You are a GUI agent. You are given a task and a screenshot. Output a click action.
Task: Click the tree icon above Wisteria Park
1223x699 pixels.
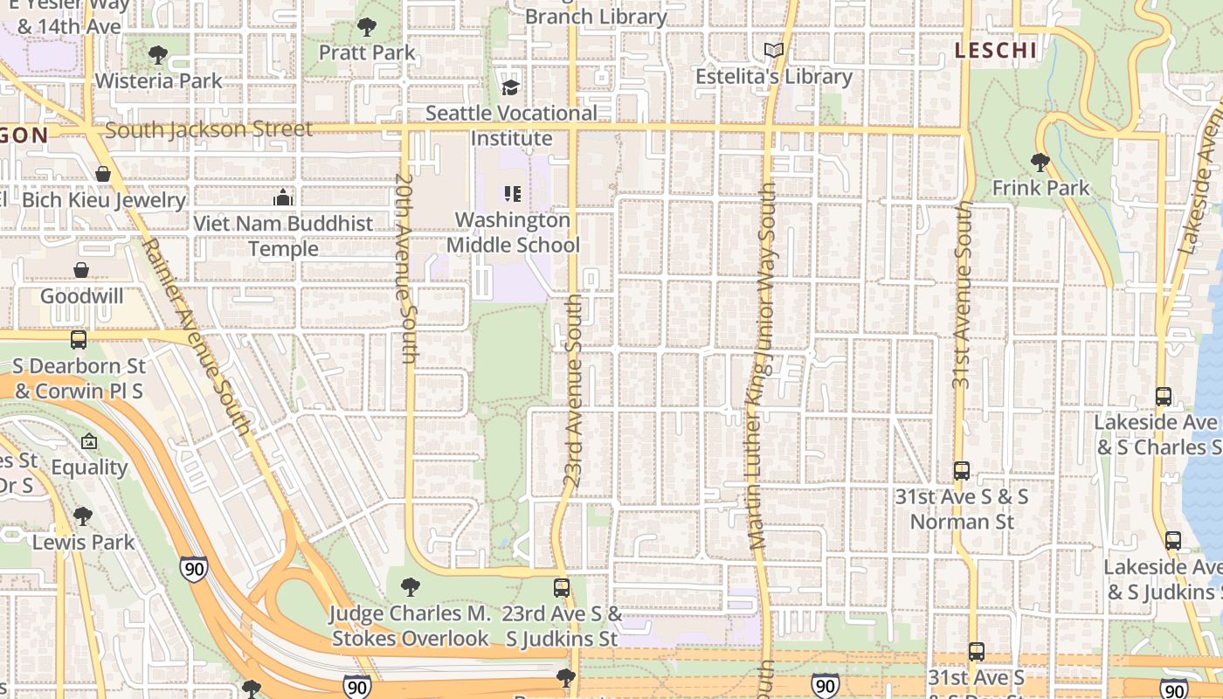coord(158,55)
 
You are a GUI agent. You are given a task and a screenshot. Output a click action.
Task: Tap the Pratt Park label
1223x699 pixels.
coord(367,52)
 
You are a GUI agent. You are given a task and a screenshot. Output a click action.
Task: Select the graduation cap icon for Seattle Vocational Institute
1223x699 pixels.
coord(511,87)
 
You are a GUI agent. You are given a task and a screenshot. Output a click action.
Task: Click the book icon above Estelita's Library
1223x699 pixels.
coord(774,51)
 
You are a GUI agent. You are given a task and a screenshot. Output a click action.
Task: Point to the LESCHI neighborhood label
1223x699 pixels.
coord(996,51)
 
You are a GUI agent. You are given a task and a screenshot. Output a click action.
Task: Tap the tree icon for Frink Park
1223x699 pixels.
coord(1040,162)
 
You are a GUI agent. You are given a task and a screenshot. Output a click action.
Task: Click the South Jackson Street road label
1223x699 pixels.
coord(208,130)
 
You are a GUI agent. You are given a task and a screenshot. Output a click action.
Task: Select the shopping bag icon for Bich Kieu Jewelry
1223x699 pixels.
coord(103,174)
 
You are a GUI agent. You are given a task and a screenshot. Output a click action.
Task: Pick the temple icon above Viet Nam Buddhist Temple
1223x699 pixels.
coord(282,198)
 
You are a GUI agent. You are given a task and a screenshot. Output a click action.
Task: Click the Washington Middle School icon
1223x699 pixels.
coord(512,194)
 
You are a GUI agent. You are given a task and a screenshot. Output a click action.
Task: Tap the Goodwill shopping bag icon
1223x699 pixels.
coord(81,270)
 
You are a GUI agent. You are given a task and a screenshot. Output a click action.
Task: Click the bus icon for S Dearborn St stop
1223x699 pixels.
coord(79,339)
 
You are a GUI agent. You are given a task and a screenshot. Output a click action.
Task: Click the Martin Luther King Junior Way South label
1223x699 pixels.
coord(761,367)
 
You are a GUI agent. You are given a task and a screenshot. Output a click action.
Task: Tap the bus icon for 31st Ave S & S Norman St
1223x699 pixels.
coord(962,471)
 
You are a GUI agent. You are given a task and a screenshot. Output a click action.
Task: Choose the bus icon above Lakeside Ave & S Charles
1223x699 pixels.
coord(1164,396)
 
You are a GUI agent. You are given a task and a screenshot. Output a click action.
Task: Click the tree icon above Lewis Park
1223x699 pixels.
coord(83,516)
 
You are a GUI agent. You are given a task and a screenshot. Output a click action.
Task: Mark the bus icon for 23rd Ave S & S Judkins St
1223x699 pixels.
coord(562,588)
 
